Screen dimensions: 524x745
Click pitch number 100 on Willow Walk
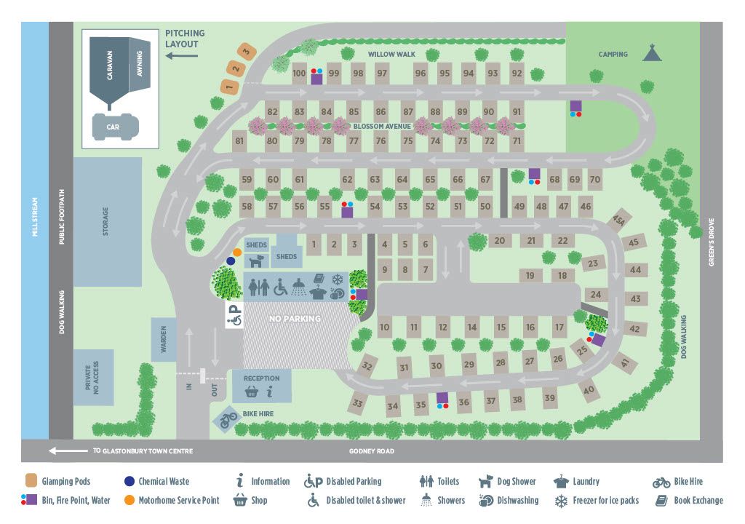click(299, 74)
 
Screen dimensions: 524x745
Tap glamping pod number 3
click(247, 51)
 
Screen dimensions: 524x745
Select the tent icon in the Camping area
click(651, 52)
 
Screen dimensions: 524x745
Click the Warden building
click(162, 339)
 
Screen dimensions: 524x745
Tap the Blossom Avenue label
click(383, 126)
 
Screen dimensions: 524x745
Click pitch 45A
click(619, 220)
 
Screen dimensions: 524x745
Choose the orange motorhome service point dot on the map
click(237, 253)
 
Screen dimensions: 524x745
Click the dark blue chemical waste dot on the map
click(231, 260)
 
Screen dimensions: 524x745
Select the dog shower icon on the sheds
click(256, 260)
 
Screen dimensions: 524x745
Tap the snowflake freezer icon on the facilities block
click(338, 279)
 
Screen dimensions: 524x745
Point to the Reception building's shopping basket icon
click(251, 392)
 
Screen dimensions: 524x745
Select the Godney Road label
click(372, 451)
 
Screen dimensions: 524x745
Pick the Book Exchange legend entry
click(690, 500)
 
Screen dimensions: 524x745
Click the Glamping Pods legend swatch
click(31, 481)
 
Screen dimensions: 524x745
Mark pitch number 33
click(358, 402)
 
